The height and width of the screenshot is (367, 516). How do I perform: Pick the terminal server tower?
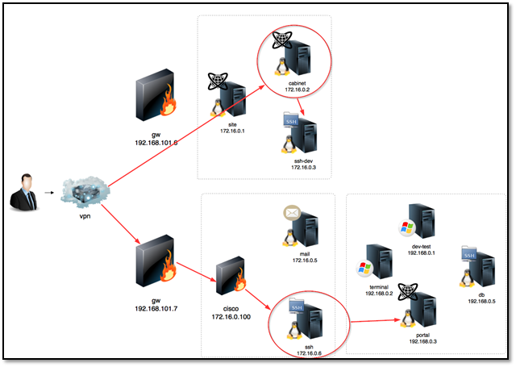378,262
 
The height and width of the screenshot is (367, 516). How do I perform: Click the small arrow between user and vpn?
51,194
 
